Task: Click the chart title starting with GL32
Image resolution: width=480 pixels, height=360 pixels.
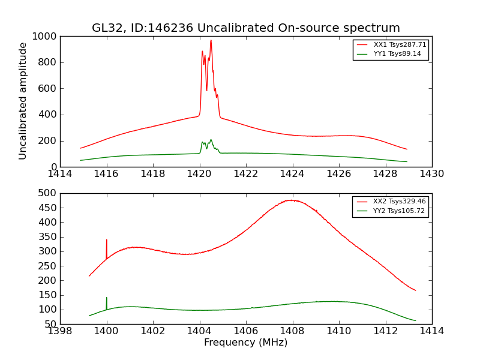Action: pyautogui.click(x=245, y=28)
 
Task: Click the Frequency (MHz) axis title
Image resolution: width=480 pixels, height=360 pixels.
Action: pyautogui.click(x=245, y=343)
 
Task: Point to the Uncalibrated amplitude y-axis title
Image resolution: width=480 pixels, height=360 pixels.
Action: pyautogui.click(x=23, y=101)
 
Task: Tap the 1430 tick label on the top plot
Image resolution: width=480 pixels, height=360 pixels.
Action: pyautogui.click(x=431, y=174)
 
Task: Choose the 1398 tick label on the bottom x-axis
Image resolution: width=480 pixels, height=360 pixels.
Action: pyautogui.click(x=60, y=331)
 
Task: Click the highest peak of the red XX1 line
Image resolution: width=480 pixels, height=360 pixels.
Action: pyautogui.click(x=211, y=40)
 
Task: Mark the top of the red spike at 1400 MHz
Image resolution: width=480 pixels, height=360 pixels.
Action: pyautogui.click(x=107, y=240)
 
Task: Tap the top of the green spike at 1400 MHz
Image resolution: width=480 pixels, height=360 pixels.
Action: pyautogui.click(x=107, y=298)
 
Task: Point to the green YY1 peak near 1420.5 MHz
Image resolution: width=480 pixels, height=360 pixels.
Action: pyautogui.click(x=211, y=140)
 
